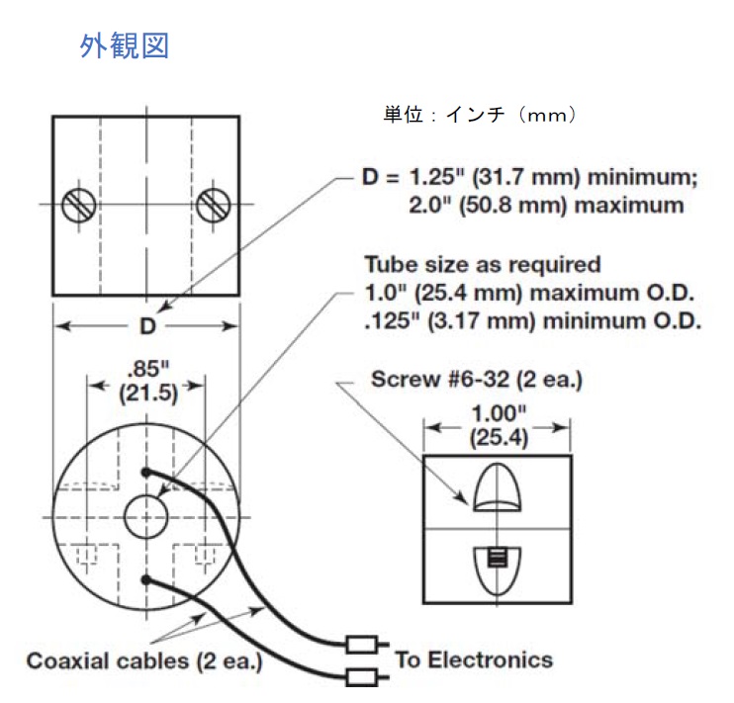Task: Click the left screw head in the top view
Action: point(78,205)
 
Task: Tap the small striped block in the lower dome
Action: point(496,560)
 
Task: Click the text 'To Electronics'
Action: point(474,659)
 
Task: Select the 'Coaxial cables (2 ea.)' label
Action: point(144,660)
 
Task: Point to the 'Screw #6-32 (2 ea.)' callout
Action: point(474,379)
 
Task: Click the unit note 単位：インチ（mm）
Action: point(480,116)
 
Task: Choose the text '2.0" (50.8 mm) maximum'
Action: point(545,206)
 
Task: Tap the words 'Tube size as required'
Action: point(482,265)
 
